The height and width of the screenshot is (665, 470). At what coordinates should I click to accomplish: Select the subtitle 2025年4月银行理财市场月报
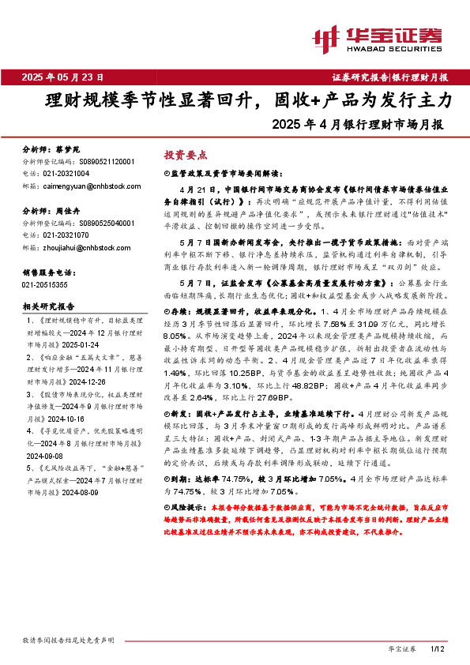(357, 124)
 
